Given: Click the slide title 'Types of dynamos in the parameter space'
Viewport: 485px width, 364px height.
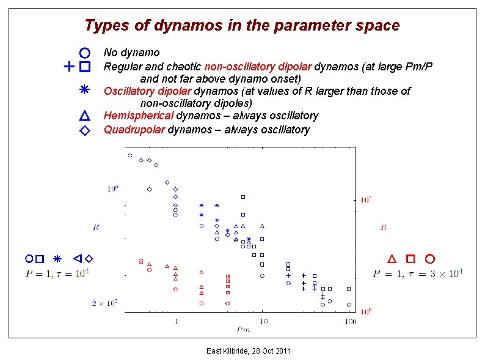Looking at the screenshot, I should (x=242, y=26).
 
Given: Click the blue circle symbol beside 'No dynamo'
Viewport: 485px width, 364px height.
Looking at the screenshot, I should (x=85, y=53).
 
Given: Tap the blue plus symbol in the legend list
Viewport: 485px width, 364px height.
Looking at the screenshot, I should (x=69, y=65).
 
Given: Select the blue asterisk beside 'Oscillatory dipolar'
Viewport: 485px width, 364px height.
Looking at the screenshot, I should (x=85, y=90).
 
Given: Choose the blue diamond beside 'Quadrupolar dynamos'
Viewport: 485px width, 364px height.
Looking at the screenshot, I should (x=85, y=130).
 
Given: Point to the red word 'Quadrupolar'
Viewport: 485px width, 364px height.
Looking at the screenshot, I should (x=134, y=130).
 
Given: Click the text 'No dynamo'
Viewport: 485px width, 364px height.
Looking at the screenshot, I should (x=131, y=53).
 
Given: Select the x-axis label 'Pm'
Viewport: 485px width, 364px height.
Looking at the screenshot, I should (x=242, y=329).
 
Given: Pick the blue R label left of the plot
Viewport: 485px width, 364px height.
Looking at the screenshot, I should (x=96, y=227).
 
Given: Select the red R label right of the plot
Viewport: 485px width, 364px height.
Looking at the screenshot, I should (x=384, y=227).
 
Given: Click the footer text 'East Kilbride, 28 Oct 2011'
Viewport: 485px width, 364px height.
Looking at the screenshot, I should (x=249, y=351).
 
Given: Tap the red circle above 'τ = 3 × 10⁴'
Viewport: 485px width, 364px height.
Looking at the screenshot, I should (x=429, y=259).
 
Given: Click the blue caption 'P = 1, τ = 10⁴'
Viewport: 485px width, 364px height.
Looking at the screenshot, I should (x=57, y=273).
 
